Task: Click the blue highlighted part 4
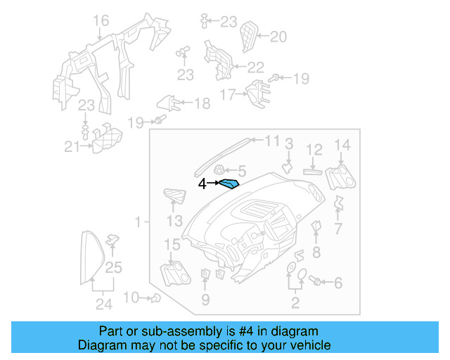pyautogui.click(x=229, y=185)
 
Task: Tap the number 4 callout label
pyautogui.click(x=202, y=184)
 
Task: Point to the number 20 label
pyautogui.click(x=278, y=37)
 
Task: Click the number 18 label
pyautogui.click(x=201, y=104)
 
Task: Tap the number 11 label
pyautogui.click(x=271, y=141)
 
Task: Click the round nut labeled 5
pyautogui.click(x=219, y=170)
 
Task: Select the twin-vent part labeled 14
pyautogui.click(x=340, y=175)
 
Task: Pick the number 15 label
pyautogui.click(x=172, y=244)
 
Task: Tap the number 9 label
pyautogui.click(x=205, y=300)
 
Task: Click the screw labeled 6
pyautogui.click(x=317, y=282)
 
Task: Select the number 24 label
pyautogui.click(x=103, y=304)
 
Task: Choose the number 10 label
pyautogui.click(x=131, y=297)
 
